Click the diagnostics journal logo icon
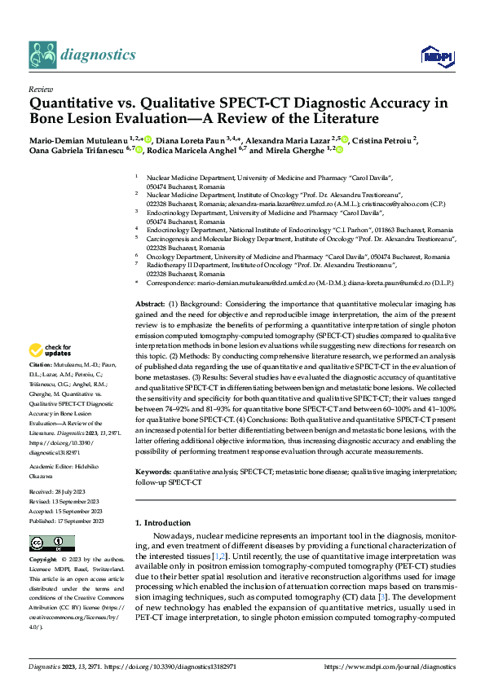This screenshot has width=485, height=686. click(40, 55)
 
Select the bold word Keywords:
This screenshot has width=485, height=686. click(154, 472)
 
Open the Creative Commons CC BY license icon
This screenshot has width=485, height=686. click(47, 543)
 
